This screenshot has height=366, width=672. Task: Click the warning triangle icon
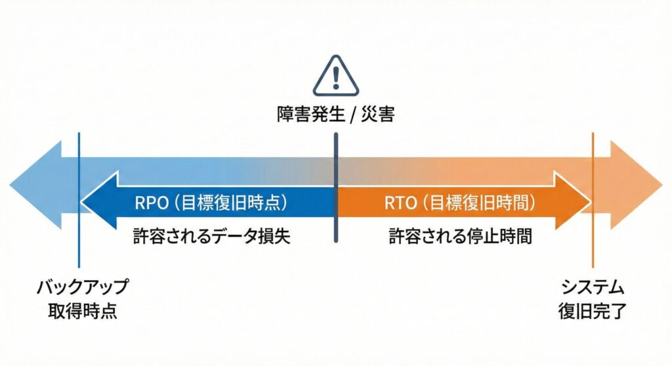(336, 77)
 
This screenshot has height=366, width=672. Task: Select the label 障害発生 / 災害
(336, 115)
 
